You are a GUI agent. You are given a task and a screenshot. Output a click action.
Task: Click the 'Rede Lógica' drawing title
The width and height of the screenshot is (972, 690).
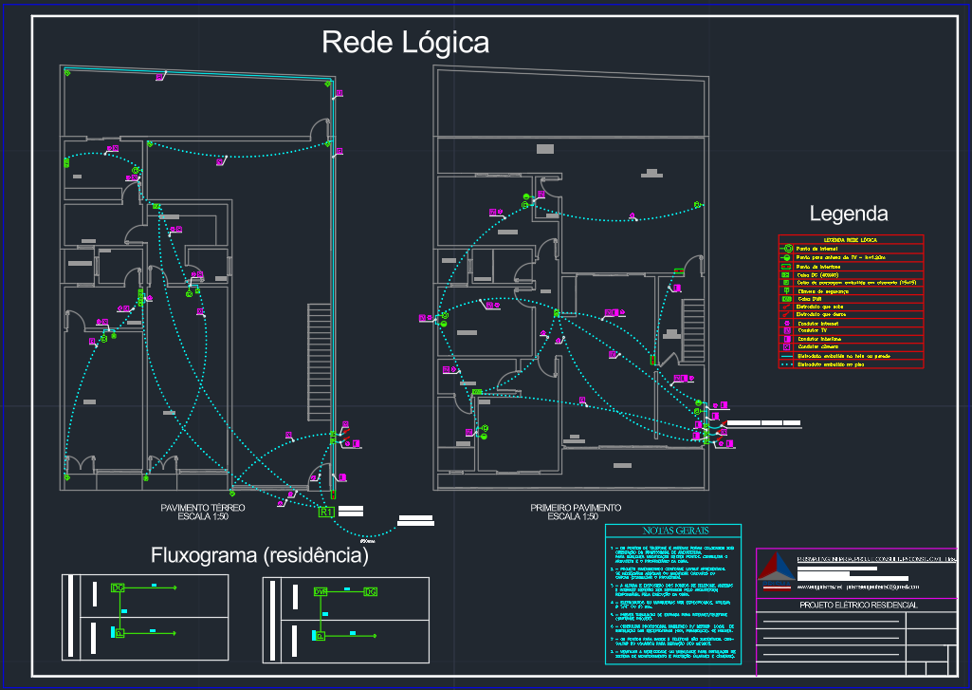point(405,43)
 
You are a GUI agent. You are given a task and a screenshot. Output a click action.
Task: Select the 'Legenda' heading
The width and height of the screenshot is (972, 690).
point(848,214)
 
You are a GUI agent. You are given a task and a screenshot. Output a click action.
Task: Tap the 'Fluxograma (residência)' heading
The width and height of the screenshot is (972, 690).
point(260,555)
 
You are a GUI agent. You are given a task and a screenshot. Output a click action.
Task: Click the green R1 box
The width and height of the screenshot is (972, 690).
point(326,513)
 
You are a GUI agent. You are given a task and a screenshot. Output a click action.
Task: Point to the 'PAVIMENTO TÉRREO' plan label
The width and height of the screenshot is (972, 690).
point(203,509)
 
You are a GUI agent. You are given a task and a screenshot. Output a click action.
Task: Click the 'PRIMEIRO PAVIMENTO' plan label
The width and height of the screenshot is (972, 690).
point(576,509)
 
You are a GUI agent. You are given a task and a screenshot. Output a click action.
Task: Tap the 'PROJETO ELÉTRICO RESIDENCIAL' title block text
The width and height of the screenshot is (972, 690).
point(859,605)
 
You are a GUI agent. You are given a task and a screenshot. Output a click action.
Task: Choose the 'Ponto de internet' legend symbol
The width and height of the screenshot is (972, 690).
point(786,249)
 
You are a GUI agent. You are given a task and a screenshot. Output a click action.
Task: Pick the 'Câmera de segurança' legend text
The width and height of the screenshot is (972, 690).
point(825,291)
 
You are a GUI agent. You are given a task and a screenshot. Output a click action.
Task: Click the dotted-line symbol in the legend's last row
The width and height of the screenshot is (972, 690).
point(786,364)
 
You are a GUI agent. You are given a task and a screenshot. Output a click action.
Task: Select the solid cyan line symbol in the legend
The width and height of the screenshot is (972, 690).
point(786,356)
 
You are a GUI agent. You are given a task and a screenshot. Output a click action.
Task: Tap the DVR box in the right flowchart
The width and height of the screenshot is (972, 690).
point(321,592)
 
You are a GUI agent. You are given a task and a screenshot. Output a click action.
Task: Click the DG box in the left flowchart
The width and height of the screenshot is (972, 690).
point(119,588)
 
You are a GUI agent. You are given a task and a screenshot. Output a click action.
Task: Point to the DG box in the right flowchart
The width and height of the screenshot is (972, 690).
point(370,592)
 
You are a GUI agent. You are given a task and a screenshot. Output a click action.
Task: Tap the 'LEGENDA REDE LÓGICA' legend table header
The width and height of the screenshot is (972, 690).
point(849,240)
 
